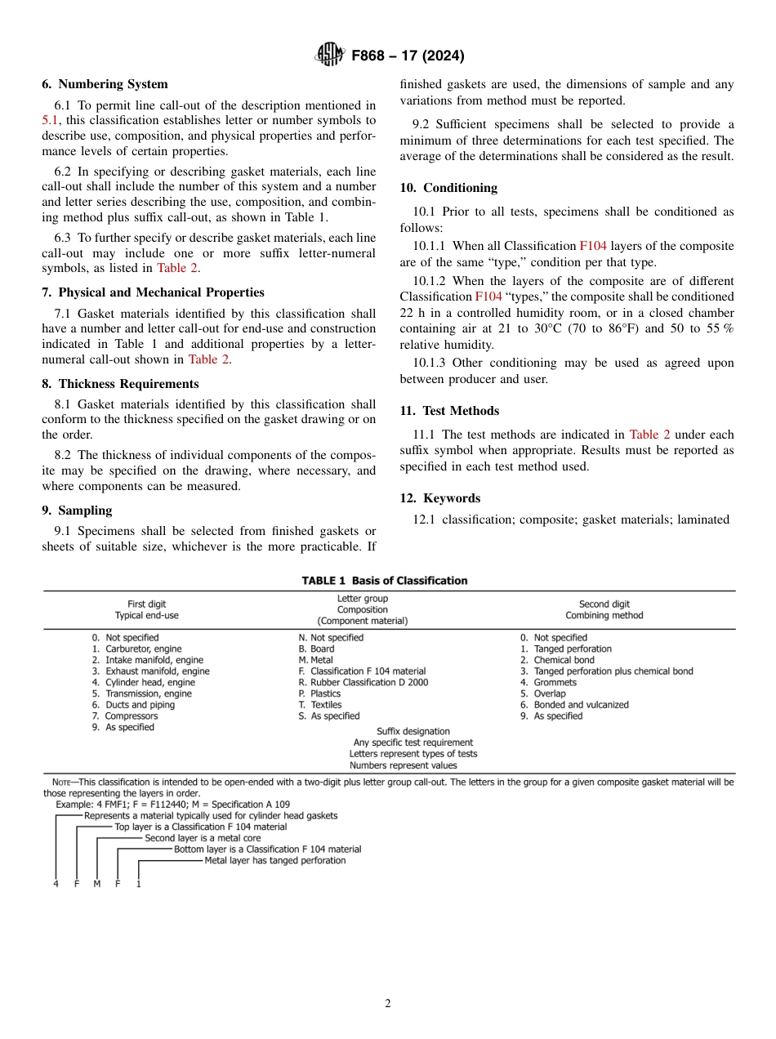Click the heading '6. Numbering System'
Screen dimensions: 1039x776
pyautogui.click(x=105, y=84)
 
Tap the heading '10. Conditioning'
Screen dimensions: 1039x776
pyautogui.click(x=448, y=188)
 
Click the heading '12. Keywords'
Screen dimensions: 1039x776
pyautogui.click(x=440, y=498)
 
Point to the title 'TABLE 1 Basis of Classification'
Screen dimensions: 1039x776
pyautogui.click(x=385, y=581)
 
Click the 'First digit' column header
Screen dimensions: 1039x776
pyautogui.click(x=147, y=604)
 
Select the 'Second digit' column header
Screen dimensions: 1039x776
pyautogui.click(x=604, y=604)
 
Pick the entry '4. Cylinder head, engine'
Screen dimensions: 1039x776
pyautogui.click(x=144, y=683)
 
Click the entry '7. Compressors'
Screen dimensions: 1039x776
pyautogui.click(x=125, y=716)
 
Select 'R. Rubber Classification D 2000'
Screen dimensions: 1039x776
pyautogui.click(x=363, y=683)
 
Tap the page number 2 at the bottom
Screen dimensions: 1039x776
pyautogui.click(x=388, y=1004)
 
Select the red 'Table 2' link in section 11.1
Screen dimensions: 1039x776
pyautogui.click(x=649, y=435)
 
